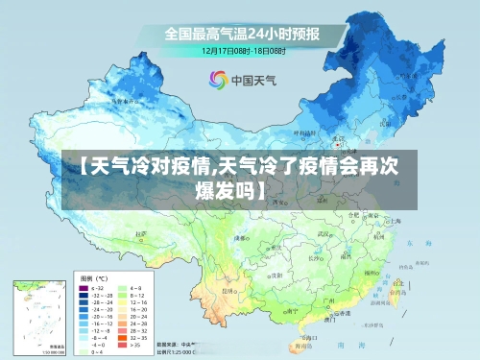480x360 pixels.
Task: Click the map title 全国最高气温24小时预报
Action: coord(241,32)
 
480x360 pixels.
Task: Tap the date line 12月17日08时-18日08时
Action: coord(241,49)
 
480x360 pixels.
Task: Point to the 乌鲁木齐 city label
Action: coord(122,99)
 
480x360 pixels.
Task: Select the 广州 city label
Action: coord(329,300)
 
